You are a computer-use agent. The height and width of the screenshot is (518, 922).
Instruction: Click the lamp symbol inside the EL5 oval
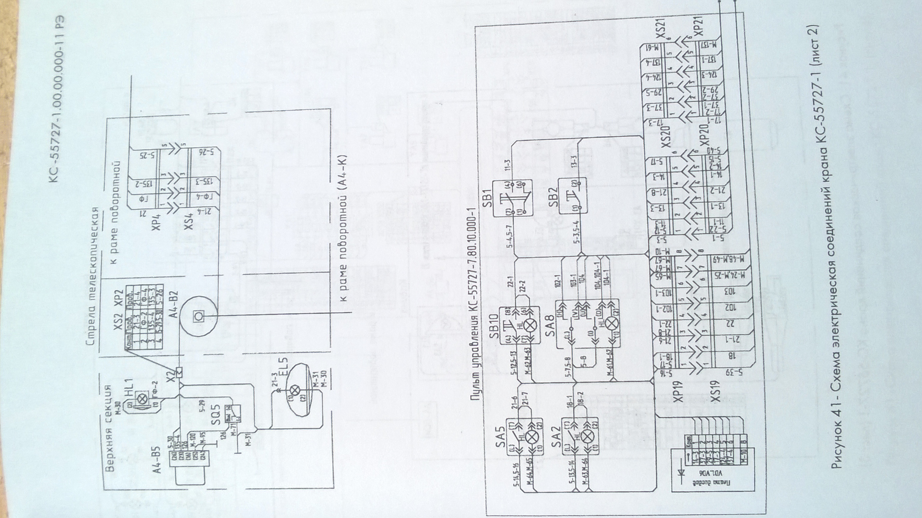pos(296,390)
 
